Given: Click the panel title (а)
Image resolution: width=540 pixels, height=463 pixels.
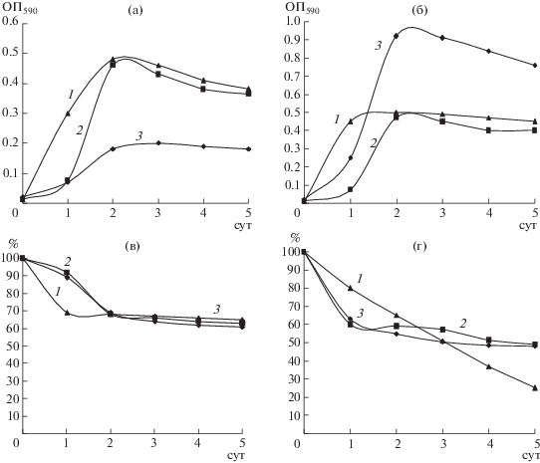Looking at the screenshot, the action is click(135, 11).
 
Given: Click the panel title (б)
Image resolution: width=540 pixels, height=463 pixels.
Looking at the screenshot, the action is click(419, 11).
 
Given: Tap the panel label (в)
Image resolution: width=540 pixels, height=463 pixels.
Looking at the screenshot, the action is click(133, 247).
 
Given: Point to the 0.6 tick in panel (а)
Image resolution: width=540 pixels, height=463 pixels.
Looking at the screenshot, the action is click(10, 21).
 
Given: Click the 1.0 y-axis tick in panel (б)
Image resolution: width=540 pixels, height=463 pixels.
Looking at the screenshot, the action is click(292, 21).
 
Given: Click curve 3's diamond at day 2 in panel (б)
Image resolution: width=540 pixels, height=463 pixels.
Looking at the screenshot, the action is click(397, 36).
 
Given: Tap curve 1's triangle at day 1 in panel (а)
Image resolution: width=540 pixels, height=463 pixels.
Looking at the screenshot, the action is click(68, 114).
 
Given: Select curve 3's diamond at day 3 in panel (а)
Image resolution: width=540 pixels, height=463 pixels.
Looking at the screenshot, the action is click(158, 142).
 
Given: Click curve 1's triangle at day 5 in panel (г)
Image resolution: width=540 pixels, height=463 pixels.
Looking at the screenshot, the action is click(535, 388).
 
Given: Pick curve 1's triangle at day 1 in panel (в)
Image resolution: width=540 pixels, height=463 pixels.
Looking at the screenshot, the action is click(67, 313).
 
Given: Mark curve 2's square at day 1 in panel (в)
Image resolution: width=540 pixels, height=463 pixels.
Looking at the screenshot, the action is click(67, 273).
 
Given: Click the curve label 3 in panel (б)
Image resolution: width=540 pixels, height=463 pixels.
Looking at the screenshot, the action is click(379, 46).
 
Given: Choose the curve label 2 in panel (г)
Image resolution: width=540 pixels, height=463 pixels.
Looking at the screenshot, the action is click(463, 324).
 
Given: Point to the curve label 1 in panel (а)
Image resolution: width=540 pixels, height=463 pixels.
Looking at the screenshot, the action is click(71, 95).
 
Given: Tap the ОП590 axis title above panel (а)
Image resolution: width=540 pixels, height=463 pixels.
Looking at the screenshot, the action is click(20, 9).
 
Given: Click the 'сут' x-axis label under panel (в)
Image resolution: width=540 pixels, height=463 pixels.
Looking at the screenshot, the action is click(236, 455).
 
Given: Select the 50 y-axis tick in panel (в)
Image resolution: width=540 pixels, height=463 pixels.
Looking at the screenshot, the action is click(11, 346).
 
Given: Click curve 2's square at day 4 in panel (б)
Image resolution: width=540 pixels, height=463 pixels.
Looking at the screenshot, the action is click(488, 130).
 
